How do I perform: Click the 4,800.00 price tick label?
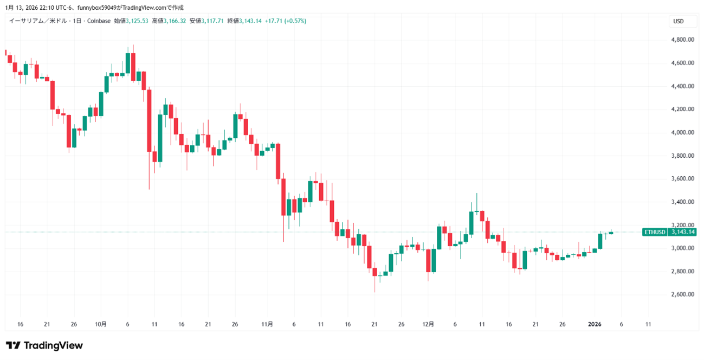(682, 40)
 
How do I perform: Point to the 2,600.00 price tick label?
(682, 294)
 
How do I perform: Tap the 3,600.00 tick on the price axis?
(682, 178)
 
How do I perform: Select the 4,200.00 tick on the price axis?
(682, 109)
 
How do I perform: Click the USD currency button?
(678, 22)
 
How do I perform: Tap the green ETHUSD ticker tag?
(655, 232)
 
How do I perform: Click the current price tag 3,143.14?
(683, 232)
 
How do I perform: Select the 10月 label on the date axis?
(100, 324)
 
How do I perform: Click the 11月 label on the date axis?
(267, 324)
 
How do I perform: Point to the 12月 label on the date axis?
(428, 324)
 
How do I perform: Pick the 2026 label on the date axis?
(595, 324)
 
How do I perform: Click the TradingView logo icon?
(13, 345)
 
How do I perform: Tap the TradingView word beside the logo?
(53, 345)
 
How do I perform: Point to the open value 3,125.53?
(137, 21)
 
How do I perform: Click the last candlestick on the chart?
(611, 233)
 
